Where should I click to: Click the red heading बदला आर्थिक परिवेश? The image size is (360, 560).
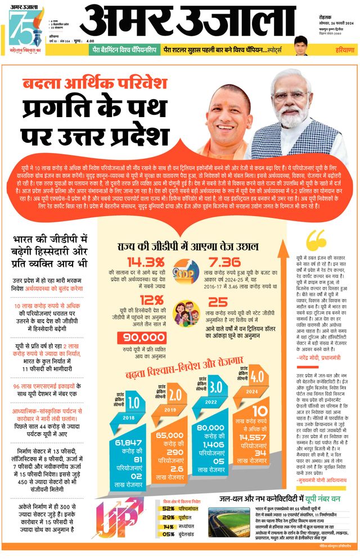pyautogui.click(x=94, y=83)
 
